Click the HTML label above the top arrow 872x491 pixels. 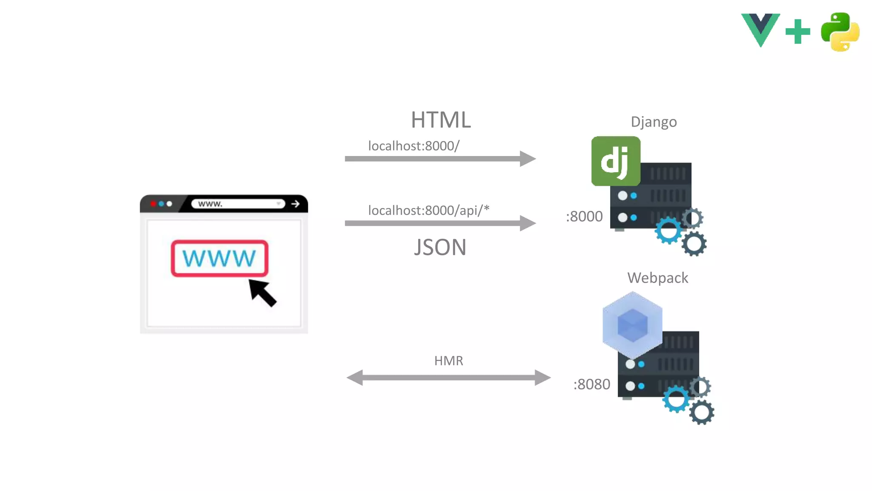[x=441, y=120]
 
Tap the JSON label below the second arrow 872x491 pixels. [x=440, y=247]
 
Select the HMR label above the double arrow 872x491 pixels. [x=448, y=361]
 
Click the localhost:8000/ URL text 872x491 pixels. [x=413, y=146]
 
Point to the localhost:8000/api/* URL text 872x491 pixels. [x=428, y=210]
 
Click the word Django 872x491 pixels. [x=654, y=122]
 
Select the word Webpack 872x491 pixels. [x=657, y=278]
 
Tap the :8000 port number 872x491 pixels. [x=584, y=217]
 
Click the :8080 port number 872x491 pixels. [x=592, y=384]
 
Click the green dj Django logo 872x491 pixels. [x=616, y=161]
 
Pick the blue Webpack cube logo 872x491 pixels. [x=632, y=325]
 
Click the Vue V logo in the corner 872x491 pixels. [x=760, y=29]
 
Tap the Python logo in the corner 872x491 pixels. [x=840, y=32]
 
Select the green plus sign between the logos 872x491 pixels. [x=797, y=32]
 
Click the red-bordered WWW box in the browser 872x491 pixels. [x=219, y=258]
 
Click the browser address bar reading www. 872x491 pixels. [x=238, y=204]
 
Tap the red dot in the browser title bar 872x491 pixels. [x=153, y=204]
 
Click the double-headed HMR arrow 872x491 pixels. [x=448, y=377]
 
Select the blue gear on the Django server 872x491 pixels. [x=668, y=231]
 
